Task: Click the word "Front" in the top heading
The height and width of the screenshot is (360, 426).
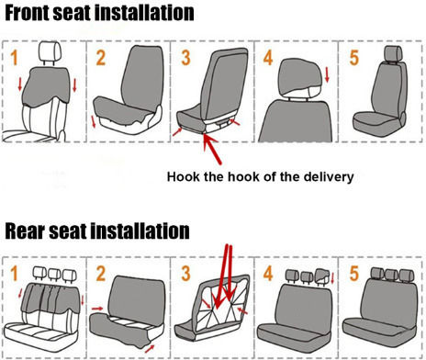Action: [x=27, y=13]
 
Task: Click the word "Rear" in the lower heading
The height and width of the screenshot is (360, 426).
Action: [x=25, y=231]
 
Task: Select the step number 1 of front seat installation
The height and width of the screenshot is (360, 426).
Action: [x=14, y=58]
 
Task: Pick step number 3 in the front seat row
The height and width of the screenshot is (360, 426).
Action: [x=185, y=58]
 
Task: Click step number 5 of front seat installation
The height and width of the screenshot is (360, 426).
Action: [x=354, y=58]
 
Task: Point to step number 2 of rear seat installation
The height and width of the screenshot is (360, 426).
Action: [x=101, y=274]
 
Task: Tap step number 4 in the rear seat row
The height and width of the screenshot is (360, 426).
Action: [x=268, y=274]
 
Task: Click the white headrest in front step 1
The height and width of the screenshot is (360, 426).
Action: [x=50, y=51]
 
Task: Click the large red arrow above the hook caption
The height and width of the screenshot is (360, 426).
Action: [x=212, y=150]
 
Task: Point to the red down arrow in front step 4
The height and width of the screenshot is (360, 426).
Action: [x=327, y=75]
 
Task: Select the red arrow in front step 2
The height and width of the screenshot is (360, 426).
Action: [x=94, y=122]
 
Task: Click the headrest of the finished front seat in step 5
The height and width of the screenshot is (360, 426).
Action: [x=393, y=54]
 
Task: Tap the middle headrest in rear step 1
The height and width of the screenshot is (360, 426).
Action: [x=54, y=274]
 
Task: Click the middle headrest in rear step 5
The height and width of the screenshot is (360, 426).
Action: [x=391, y=275]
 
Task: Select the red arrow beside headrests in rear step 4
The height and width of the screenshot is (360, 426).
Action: [x=332, y=277]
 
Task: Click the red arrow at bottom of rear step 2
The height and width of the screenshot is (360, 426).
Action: [x=150, y=349]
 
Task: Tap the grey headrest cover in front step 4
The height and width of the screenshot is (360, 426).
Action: [x=300, y=76]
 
